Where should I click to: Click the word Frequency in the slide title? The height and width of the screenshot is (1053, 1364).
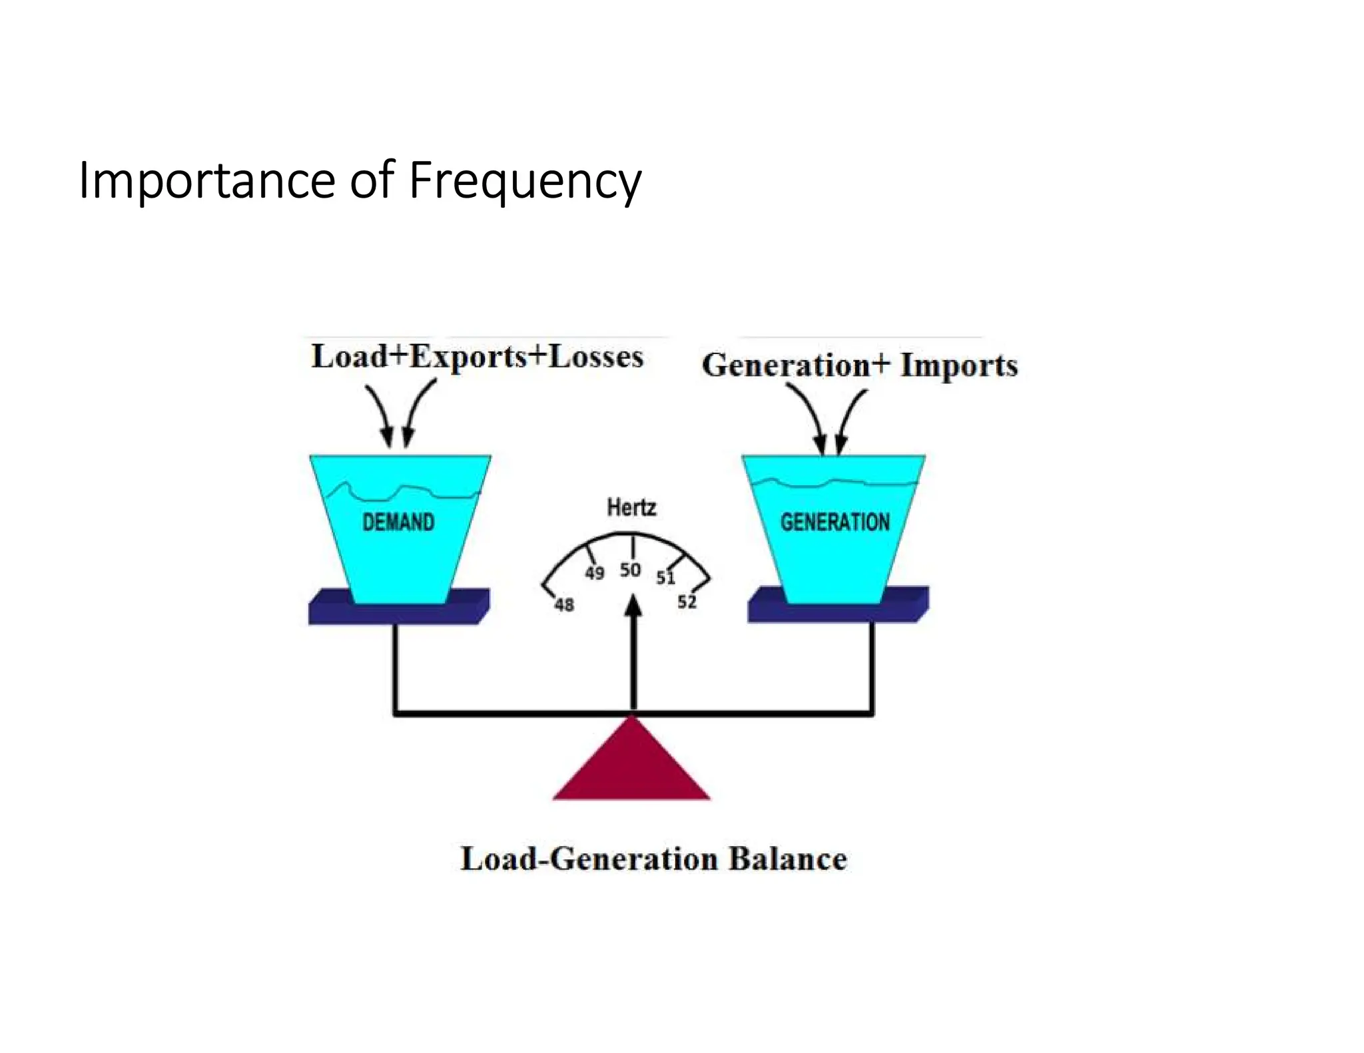click(x=525, y=181)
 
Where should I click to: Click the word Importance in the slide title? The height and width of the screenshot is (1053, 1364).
click(x=207, y=181)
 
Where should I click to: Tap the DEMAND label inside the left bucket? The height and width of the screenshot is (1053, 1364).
click(x=398, y=522)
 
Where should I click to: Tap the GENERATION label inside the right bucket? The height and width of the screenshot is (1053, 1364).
click(x=835, y=522)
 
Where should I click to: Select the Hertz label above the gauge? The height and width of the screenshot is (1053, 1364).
click(x=631, y=508)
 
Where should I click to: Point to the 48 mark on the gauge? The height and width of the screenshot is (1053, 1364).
click(x=564, y=604)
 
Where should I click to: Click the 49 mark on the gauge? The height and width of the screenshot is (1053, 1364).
click(x=595, y=573)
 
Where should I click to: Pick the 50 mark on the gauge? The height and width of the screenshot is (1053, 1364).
click(x=630, y=570)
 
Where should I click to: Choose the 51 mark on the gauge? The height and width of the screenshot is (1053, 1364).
click(x=665, y=577)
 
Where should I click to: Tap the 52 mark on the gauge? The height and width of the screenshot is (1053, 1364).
click(x=687, y=602)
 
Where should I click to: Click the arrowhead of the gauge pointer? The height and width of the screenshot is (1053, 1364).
click(x=634, y=605)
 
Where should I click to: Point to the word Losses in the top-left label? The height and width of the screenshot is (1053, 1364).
click(x=596, y=357)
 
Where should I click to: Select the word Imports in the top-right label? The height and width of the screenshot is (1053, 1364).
click(x=959, y=365)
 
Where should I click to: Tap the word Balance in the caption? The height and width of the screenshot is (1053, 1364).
click(x=787, y=859)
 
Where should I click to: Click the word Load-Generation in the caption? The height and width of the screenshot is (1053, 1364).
click(x=589, y=859)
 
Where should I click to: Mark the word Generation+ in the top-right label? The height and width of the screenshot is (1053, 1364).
click(x=796, y=365)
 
